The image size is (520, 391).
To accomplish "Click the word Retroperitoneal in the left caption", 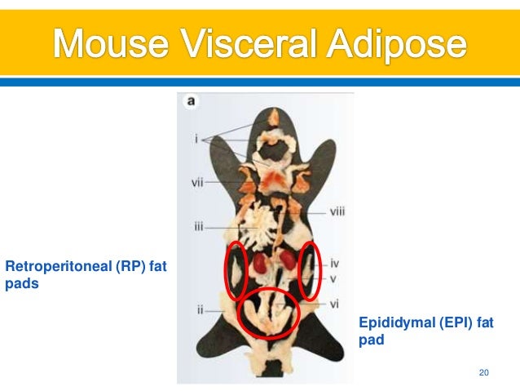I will [x=56, y=265].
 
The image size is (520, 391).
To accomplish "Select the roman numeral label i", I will [x=196, y=140].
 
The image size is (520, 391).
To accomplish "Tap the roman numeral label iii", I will [x=198, y=226].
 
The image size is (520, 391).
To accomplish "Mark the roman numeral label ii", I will [x=199, y=310].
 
